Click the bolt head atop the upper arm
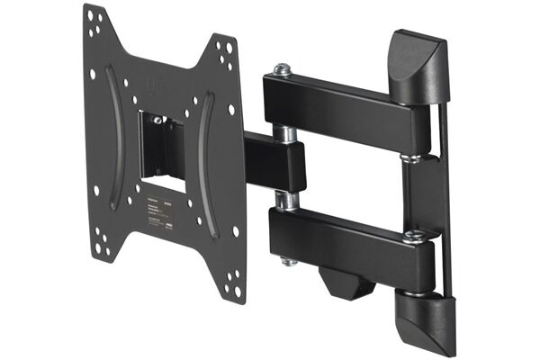point(283,68)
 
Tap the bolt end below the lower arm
point(289,261)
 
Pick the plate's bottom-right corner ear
point(229,279)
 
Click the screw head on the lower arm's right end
point(415,237)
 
